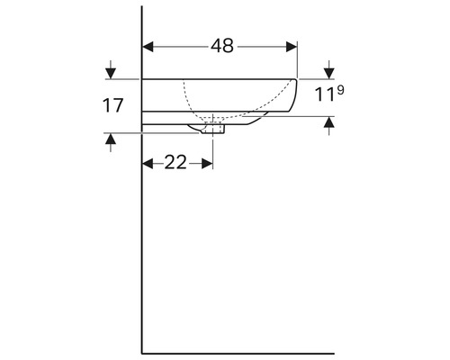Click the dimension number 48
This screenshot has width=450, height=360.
tap(222, 47)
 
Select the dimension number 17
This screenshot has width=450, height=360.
tap(112, 105)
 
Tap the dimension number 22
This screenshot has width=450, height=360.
tap(175, 163)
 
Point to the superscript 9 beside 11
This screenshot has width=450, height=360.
tap(340, 90)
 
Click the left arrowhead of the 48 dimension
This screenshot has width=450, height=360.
tap(148, 47)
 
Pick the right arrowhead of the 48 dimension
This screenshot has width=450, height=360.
tap(292, 47)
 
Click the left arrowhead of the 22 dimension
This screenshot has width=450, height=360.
tap(148, 164)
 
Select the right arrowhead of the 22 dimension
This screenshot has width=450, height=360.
tap(207, 164)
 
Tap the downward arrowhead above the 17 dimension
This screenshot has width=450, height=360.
tap(111, 74)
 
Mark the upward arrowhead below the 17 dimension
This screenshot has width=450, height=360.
tap(111, 139)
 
